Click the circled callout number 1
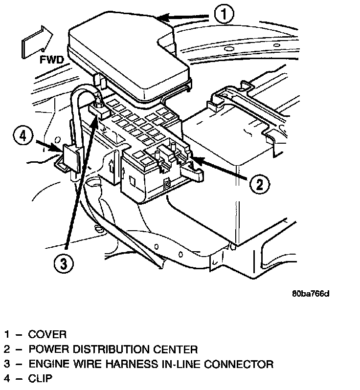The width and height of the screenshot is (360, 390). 222,15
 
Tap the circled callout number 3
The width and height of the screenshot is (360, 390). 64,264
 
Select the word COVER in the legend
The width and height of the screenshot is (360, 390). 47,335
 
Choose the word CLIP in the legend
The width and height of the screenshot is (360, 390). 40,379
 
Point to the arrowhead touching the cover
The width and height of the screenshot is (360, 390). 161,18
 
